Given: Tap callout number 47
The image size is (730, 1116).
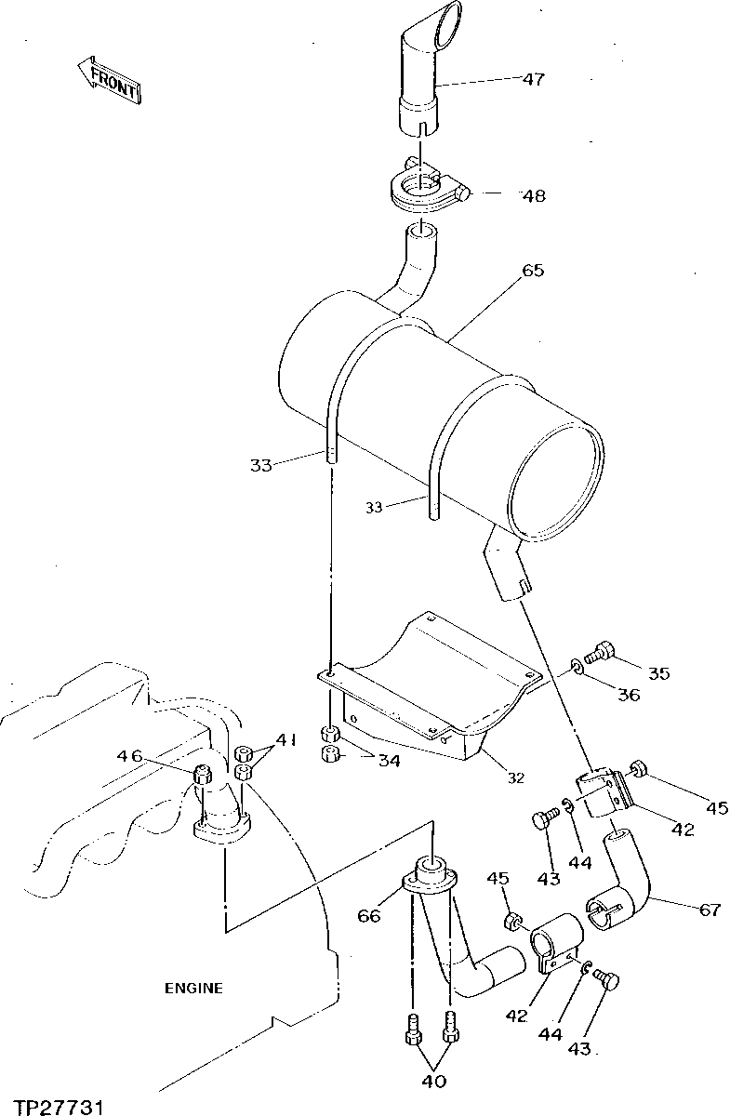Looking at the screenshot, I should click(533, 79).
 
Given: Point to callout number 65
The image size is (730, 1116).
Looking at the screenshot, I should click(533, 271).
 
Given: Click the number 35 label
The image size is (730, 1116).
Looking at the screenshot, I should click(658, 672).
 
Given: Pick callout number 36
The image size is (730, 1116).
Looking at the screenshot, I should click(629, 695).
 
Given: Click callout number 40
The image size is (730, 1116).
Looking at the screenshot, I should click(434, 1081).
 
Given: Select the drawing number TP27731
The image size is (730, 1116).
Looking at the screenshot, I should click(52, 1107).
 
